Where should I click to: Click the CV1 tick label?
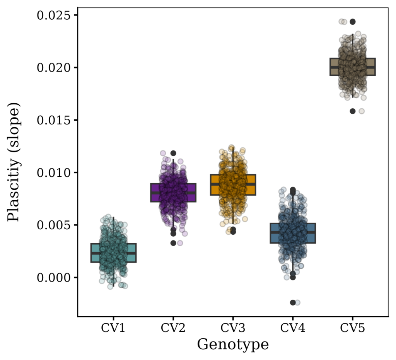pos(113,328)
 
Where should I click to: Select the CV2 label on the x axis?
pos(173,328)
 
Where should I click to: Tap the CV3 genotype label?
pos(233,328)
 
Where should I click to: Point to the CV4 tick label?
pos(293,328)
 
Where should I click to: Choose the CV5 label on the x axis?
pos(352,328)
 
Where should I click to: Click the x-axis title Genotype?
pos(233,344)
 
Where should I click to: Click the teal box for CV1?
pos(113,253)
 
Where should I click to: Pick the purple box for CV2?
pos(173,193)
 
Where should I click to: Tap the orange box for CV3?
pos(233,185)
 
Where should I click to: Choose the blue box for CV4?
pos(293,233)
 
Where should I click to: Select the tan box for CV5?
pos(352,67)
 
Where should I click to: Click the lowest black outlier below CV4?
pos(293,302)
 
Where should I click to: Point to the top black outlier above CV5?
pos(352,22)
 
